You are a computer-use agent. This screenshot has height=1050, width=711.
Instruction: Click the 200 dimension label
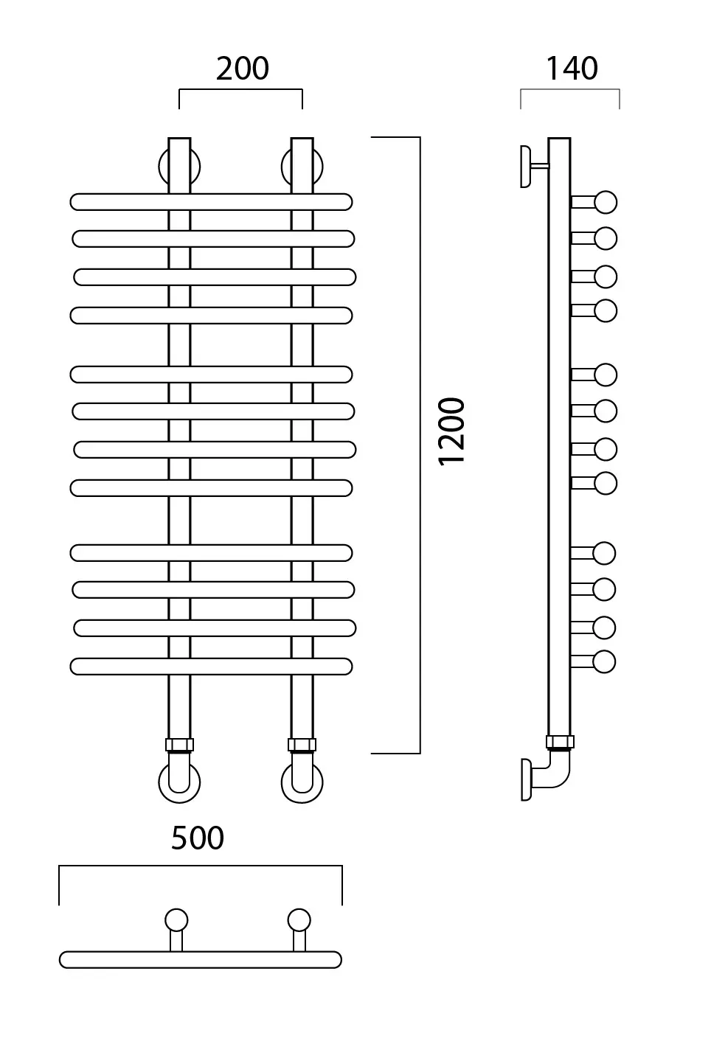click(243, 69)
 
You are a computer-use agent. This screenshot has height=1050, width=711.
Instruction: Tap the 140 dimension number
click(572, 69)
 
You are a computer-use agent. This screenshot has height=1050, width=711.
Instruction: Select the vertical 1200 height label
click(451, 431)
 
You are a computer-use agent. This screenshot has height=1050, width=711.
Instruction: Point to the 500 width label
click(198, 838)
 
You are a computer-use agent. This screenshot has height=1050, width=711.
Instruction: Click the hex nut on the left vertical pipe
click(180, 745)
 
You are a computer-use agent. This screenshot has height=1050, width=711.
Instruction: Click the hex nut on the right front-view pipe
click(302, 745)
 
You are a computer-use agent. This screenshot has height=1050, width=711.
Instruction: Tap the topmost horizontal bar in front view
click(211, 202)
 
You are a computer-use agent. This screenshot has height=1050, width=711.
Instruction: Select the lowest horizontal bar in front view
click(211, 667)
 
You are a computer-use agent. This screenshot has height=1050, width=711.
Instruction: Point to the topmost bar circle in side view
click(606, 203)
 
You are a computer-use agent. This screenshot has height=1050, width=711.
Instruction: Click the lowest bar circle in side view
click(604, 662)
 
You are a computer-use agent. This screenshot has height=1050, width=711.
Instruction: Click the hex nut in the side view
click(560, 742)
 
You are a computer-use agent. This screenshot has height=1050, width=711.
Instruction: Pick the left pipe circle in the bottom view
click(176, 920)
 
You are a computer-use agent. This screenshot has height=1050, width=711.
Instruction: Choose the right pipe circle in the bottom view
click(299, 920)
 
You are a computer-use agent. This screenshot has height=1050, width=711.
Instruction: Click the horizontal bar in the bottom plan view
click(201, 959)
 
